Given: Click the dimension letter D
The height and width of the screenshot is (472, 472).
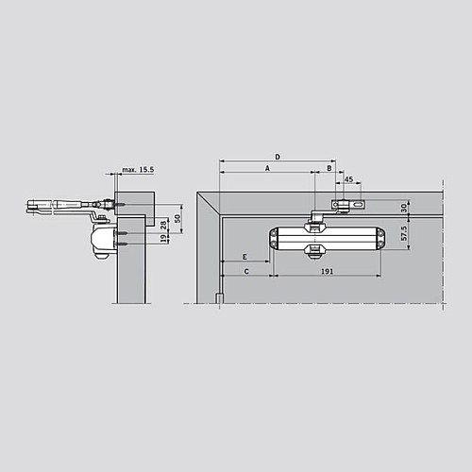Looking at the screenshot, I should point(277,155).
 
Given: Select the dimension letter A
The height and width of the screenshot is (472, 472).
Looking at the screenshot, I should point(266,167).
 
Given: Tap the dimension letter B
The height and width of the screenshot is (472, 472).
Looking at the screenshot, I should point(329,167).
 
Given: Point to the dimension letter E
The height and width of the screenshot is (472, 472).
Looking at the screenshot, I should point(245,257).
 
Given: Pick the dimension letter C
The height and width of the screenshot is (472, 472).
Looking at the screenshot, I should point(245,271).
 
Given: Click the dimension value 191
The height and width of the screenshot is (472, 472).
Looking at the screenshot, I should point(326,271).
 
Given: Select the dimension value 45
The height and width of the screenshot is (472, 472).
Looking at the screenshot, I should point(348,178).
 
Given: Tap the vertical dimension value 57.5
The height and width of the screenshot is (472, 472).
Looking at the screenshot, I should point(404,233).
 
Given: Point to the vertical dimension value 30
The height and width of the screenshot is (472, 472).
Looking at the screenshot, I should point(404,208).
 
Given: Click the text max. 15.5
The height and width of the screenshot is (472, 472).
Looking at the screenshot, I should point(136,171).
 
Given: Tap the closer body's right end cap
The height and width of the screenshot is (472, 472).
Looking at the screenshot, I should point(379,239).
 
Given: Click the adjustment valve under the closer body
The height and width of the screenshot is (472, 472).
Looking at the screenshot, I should point(315,250).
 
